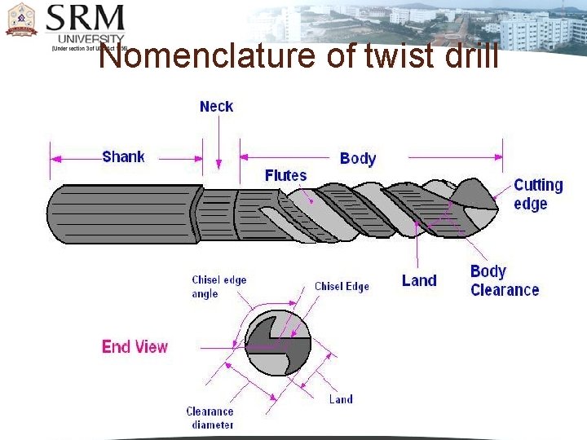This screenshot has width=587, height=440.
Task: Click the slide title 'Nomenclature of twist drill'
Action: coord(298,57)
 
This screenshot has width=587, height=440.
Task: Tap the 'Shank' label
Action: coord(123,156)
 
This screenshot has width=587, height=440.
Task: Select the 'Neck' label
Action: coord(216,107)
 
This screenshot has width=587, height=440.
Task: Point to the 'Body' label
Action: coord(357,157)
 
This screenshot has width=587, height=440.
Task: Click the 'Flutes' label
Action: coord(285,175)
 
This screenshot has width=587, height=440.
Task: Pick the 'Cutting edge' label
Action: coord(538,194)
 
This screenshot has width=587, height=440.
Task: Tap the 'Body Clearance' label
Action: coord(504,280)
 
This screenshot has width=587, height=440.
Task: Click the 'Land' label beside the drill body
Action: coord(419,280)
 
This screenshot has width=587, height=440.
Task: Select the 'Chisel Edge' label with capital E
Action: coord(342,286)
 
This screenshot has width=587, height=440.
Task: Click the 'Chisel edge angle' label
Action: coord(218,287)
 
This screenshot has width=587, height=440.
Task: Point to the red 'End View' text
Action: coord(135,346)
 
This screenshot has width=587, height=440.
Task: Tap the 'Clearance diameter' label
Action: coord(210,418)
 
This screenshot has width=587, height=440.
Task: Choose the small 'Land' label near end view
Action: coord(341,399)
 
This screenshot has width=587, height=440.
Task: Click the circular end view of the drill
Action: coord(277,342)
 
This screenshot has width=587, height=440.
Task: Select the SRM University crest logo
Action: coord(21,20)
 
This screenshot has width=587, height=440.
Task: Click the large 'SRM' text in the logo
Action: coord(86,17)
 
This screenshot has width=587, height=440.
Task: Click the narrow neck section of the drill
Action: coord(215,214)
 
